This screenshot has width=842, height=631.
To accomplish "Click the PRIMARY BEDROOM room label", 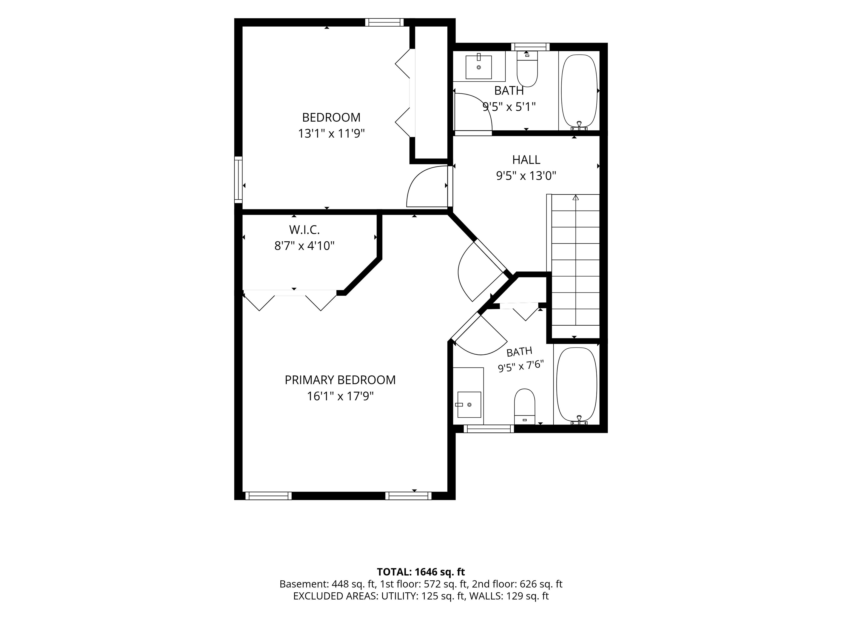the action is [x=340, y=380].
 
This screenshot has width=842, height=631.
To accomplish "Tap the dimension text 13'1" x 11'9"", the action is [x=331, y=133].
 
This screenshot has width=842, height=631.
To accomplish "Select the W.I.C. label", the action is [x=304, y=230].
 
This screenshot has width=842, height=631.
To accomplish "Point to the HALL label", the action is [x=526, y=160].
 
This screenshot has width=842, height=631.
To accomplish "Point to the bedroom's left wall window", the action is [x=238, y=180].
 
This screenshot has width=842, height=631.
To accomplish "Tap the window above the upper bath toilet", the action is [x=530, y=47].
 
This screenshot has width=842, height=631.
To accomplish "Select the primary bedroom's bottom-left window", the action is [x=268, y=496].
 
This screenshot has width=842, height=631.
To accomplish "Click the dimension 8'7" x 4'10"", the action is [x=304, y=246].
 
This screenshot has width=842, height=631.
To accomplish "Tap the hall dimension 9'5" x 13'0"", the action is [x=526, y=176].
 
